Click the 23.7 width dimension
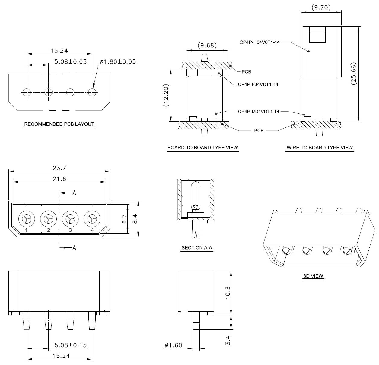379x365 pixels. (59, 168)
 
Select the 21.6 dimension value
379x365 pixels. (59, 179)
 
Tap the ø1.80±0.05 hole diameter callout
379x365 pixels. (118, 62)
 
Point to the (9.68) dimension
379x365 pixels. (207, 46)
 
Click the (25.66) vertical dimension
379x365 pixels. (353, 74)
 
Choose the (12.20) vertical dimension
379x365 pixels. (166, 95)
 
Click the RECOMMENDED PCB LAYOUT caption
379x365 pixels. (59, 124)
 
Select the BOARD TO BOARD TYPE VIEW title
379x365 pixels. (202, 148)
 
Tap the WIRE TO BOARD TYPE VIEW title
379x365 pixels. (320, 148)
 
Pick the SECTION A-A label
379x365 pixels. (197, 248)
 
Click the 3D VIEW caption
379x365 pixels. (313, 276)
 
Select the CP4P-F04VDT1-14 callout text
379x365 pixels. (258, 84)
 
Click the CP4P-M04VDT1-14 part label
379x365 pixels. (258, 112)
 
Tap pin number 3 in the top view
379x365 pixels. (70, 230)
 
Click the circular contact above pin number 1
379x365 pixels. (26, 218)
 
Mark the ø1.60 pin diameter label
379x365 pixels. (174, 345)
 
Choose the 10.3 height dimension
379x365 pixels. (228, 292)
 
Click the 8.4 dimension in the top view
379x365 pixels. (135, 219)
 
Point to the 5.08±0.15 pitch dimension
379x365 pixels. (71, 345)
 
